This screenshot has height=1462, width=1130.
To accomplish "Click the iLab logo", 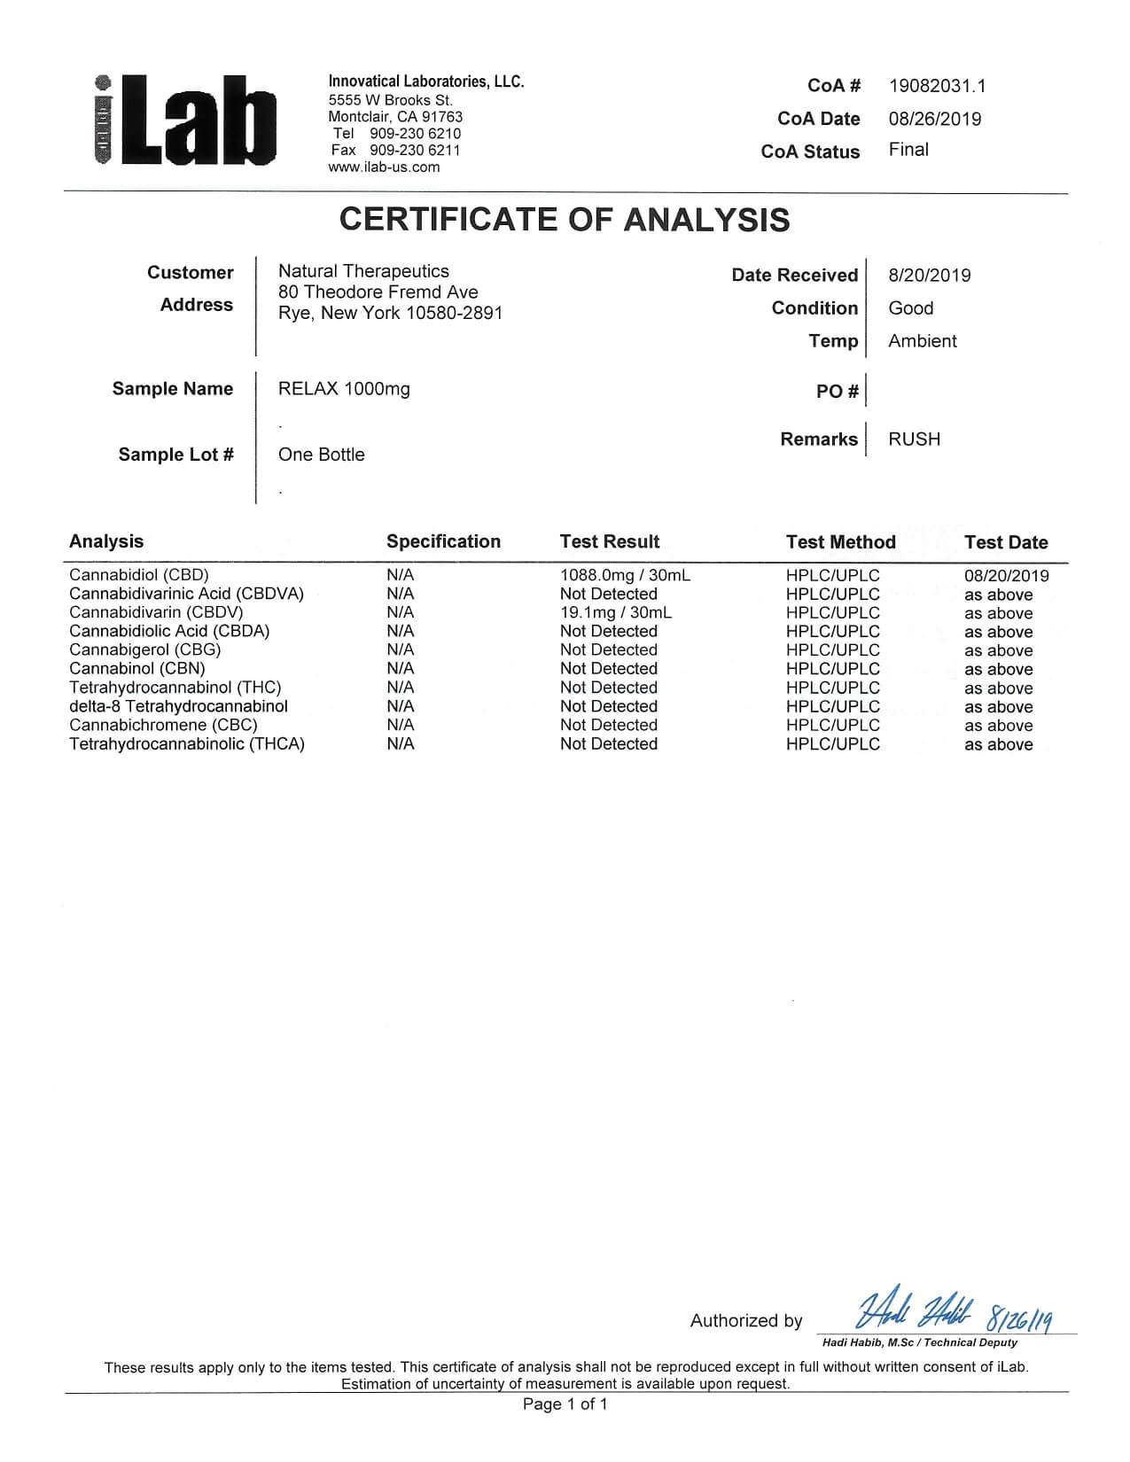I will tap(184, 121).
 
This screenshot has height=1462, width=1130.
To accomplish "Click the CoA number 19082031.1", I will tap(937, 86).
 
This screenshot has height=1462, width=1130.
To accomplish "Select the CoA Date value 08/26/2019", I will tap(934, 119).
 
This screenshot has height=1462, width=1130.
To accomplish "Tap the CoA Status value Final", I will tap(908, 150).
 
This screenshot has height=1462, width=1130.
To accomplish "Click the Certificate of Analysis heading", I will tap(565, 220).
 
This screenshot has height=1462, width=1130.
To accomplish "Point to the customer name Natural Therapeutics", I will tap(363, 271).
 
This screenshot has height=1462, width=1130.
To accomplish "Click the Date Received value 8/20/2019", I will tap(929, 276).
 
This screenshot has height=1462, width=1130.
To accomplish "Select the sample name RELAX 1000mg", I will tap(344, 389).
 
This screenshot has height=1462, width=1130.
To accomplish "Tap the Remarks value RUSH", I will tap(914, 439).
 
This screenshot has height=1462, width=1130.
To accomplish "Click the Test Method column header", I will tap(840, 542).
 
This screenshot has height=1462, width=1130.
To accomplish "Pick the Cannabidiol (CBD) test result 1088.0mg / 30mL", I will tap(625, 575).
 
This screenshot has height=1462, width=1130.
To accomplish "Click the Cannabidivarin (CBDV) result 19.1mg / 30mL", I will tap(615, 612).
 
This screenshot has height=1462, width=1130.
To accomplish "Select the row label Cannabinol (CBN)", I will tap(136, 668).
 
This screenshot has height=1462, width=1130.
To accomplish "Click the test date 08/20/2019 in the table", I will tap(1006, 576).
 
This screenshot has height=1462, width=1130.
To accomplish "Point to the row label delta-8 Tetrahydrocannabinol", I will tap(178, 706).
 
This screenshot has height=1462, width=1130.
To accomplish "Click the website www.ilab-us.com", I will tap(384, 167).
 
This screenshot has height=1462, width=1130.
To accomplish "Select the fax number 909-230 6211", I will tap(415, 151).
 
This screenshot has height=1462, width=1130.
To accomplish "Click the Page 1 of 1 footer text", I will tap(565, 1404).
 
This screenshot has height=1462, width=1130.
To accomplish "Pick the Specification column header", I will tap(443, 541).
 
